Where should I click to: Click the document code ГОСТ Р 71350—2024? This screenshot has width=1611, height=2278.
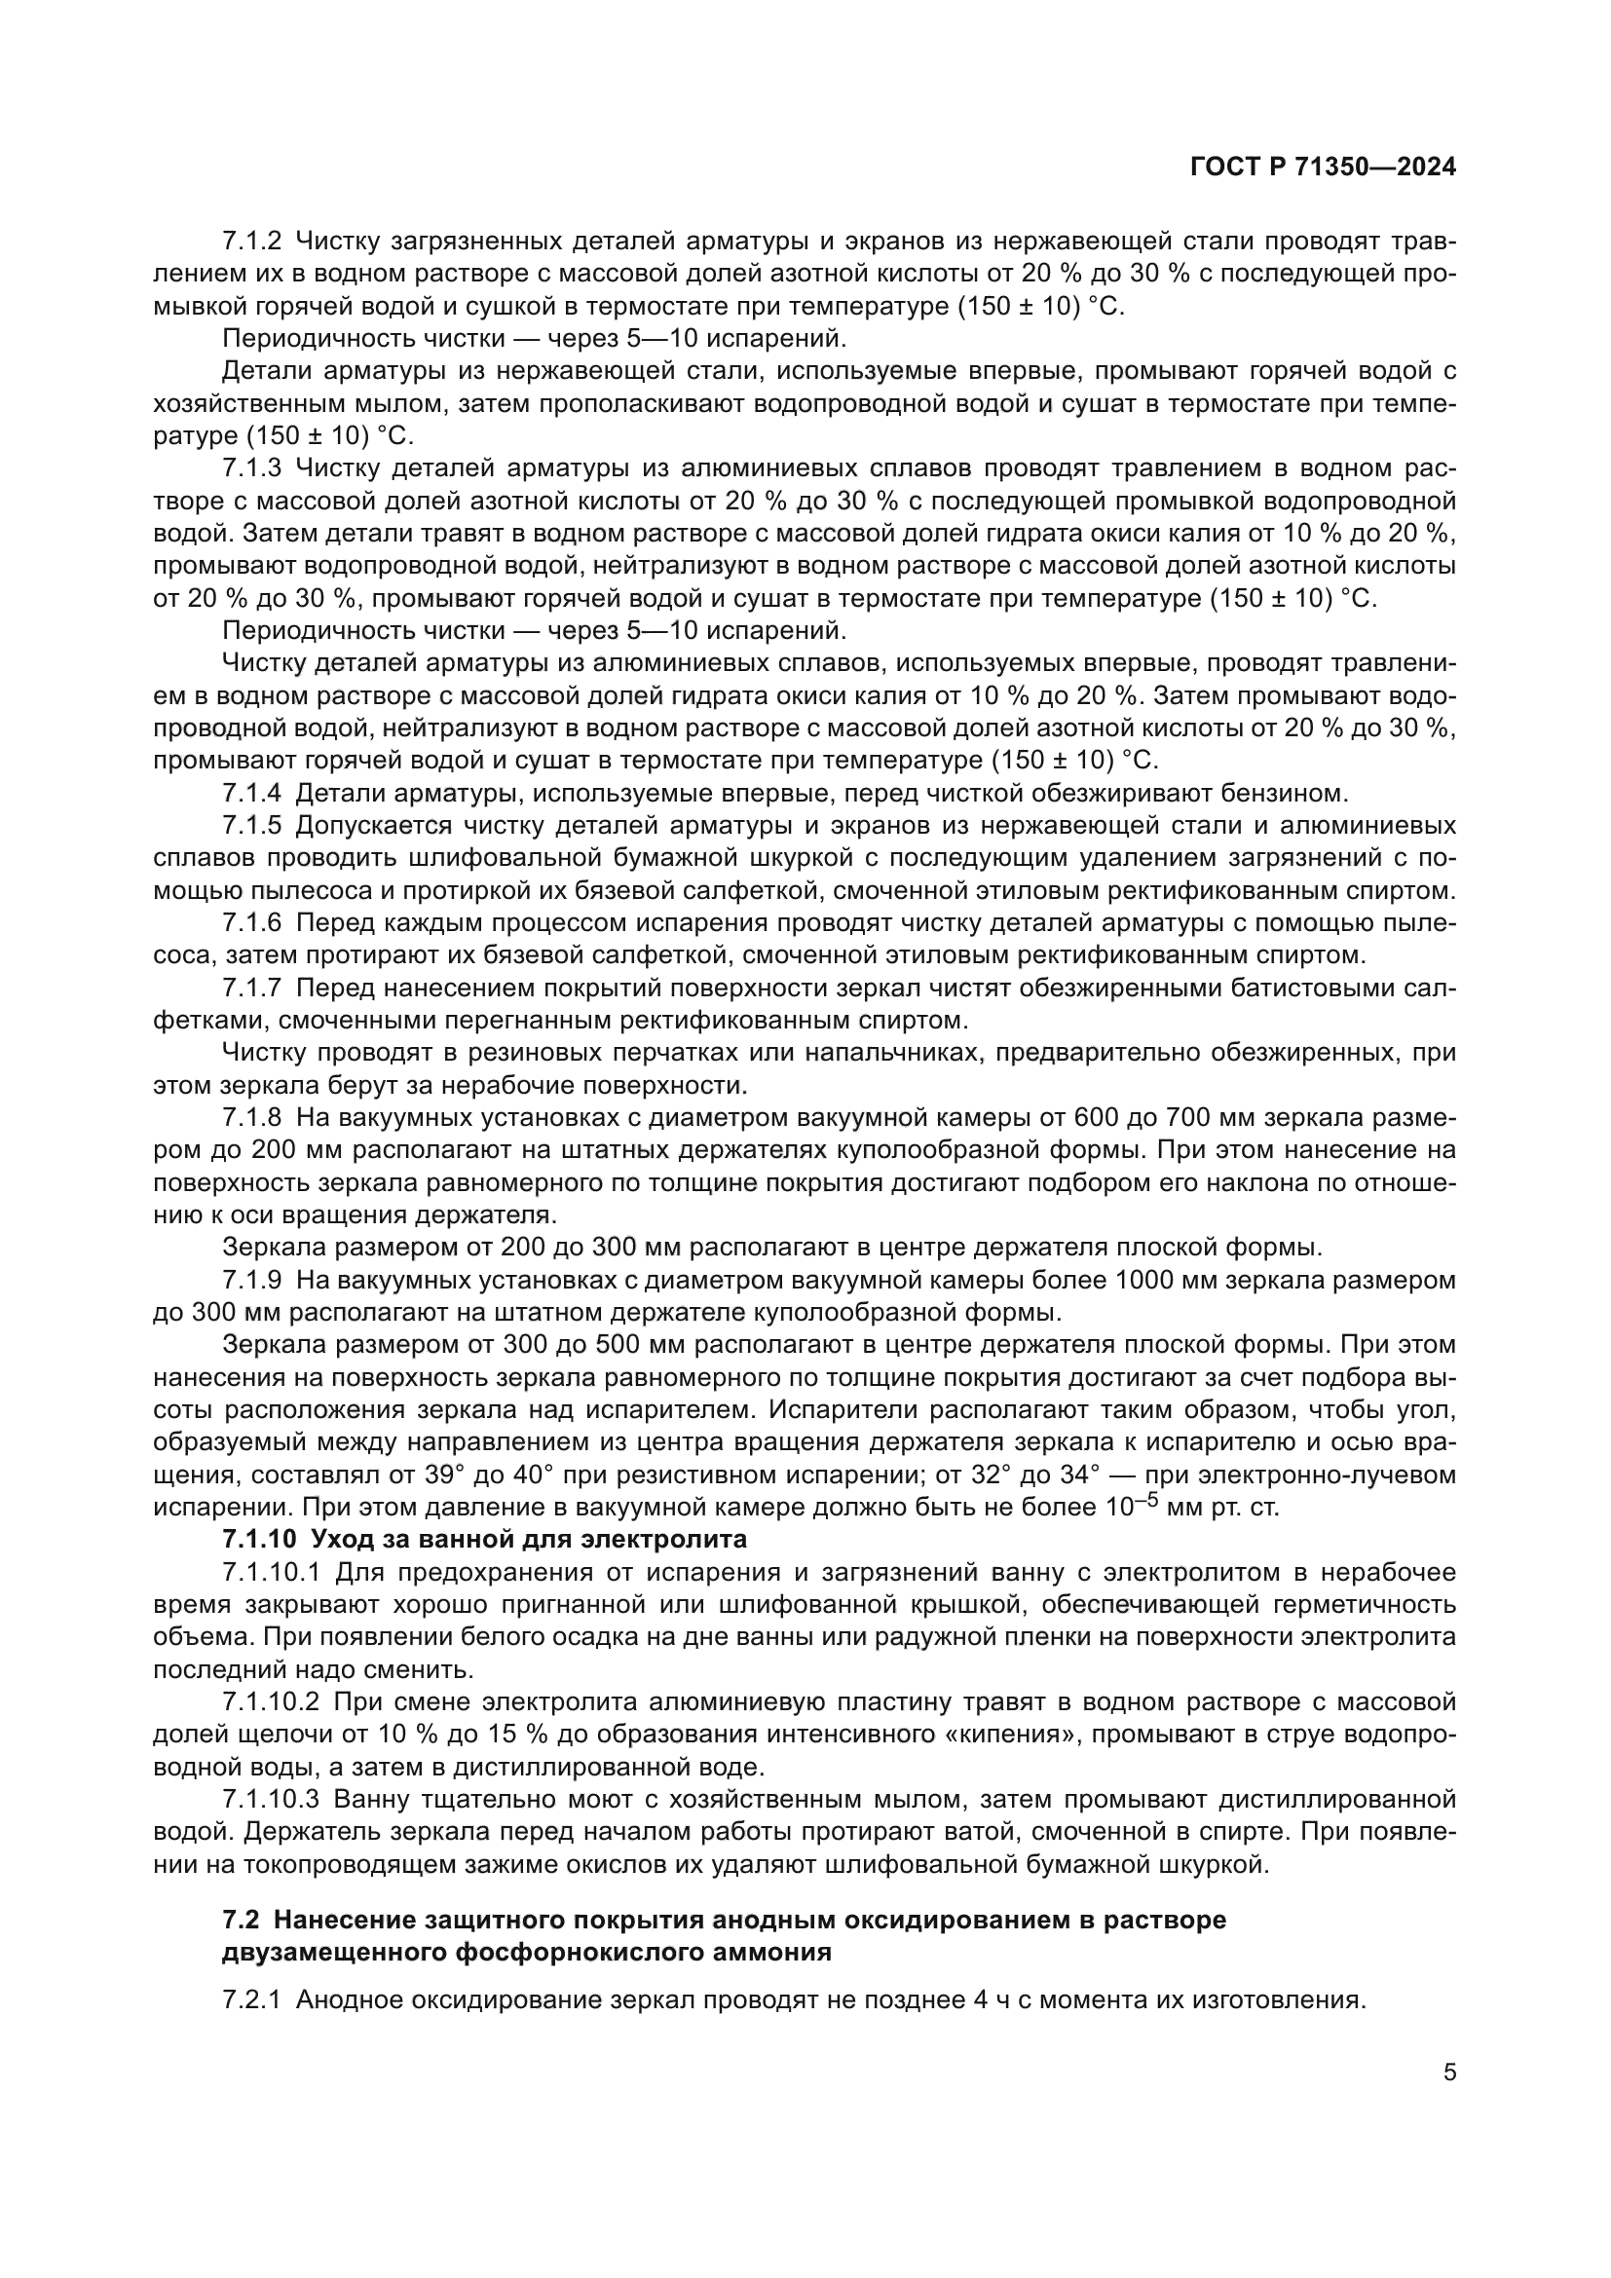point(1323,168)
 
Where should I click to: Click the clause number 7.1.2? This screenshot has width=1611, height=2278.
point(252,242)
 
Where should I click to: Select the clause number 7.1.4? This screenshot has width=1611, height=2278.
point(252,793)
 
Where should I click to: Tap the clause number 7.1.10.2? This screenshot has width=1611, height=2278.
point(271,1701)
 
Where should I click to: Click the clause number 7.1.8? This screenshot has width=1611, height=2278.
point(252,1117)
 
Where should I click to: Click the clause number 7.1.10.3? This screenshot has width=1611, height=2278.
point(271,1799)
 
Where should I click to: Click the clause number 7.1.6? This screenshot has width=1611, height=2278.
point(252,922)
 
